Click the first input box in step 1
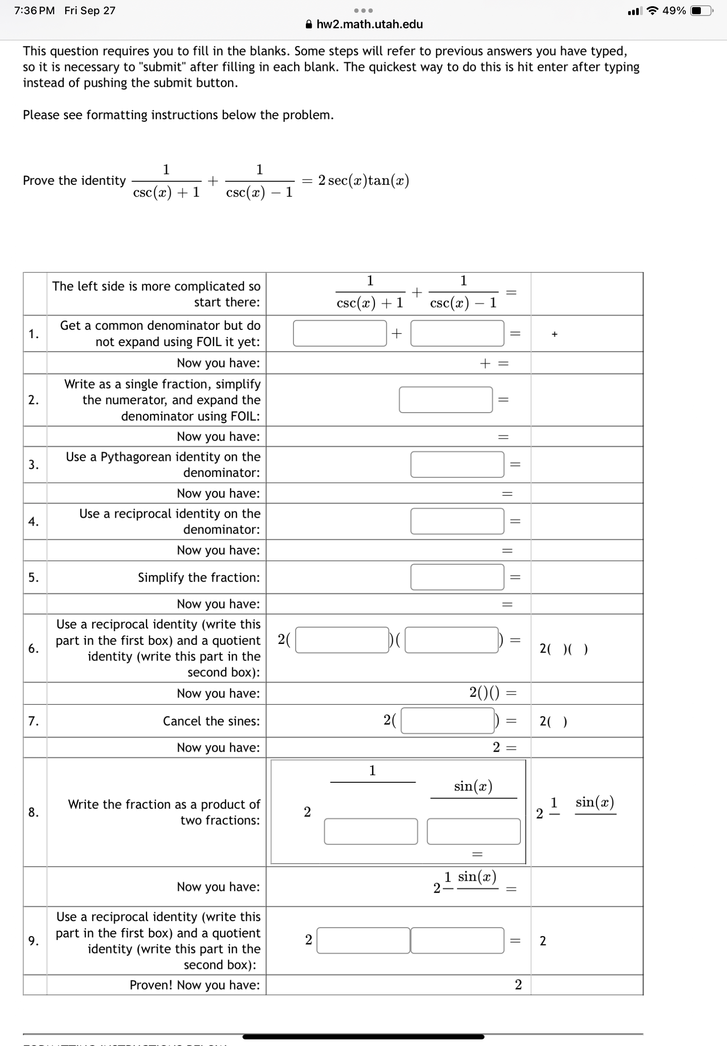click(x=340, y=333)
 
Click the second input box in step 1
click(x=457, y=333)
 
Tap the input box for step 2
click(x=446, y=400)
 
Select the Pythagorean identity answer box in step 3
click(x=457, y=464)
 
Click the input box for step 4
click(x=457, y=521)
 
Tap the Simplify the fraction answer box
click(x=457, y=578)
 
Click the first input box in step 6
click(x=342, y=640)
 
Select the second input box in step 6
click(x=451, y=640)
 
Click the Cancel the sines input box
click(x=447, y=721)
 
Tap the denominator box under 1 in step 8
click(x=371, y=831)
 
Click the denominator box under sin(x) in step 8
click(x=474, y=831)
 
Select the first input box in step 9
click(x=363, y=941)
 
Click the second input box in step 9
click(x=457, y=941)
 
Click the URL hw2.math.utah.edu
click(x=369, y=24)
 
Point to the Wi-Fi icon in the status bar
click(x=653, y=11)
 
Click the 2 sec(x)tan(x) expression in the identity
click(x=363, y=181)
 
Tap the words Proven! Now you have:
click(x=195, y=985)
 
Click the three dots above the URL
click(x=364, y=11)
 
